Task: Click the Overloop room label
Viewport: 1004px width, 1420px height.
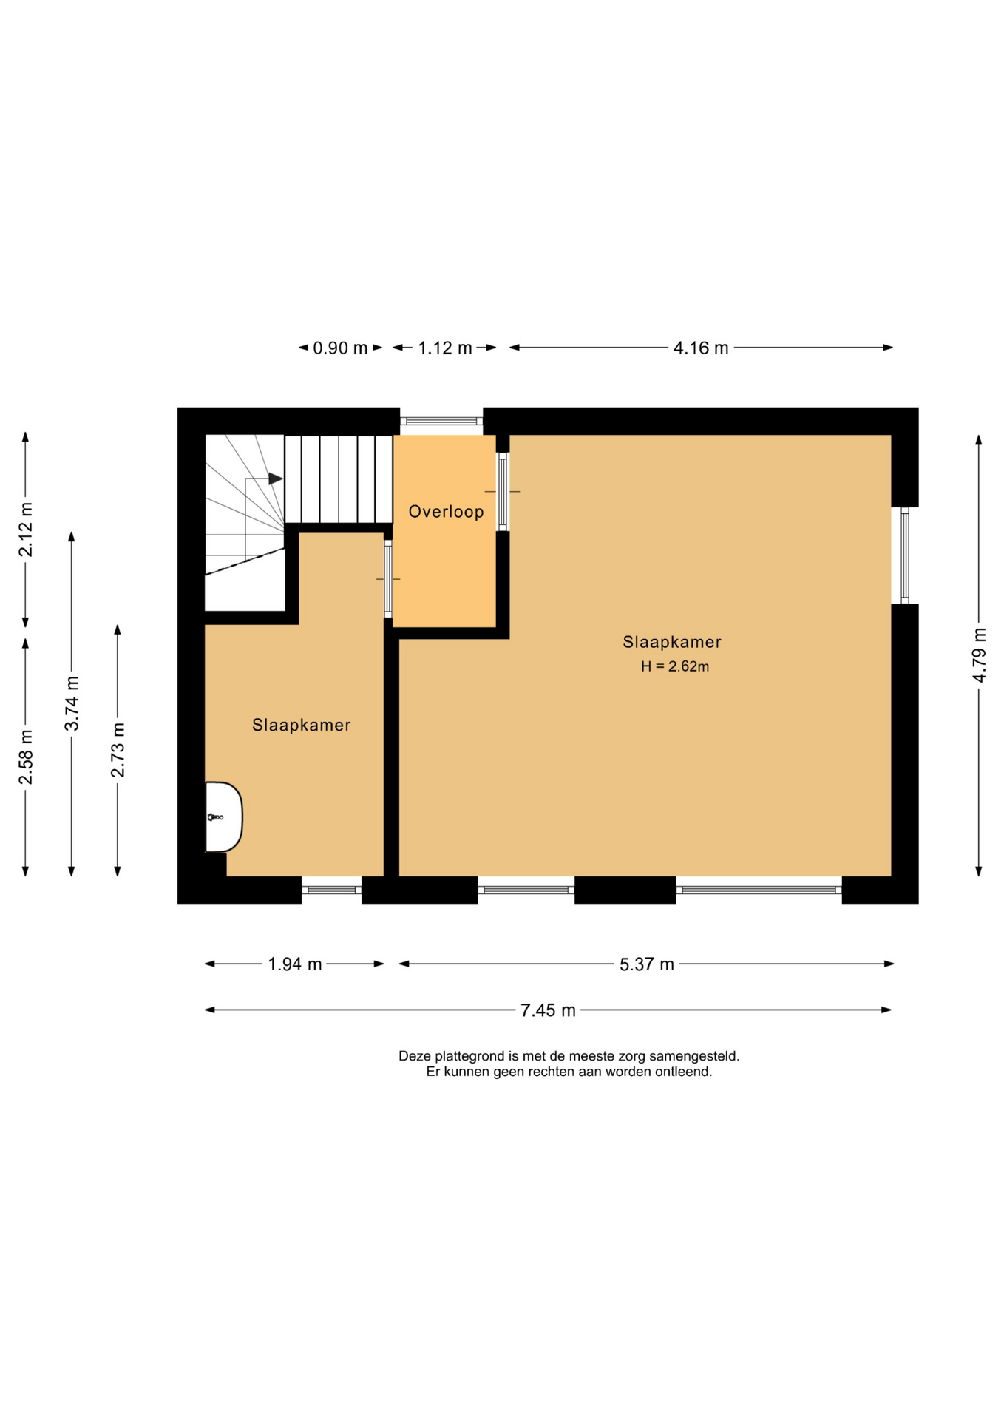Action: (446, 511)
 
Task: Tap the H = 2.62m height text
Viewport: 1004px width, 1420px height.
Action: (675, 666)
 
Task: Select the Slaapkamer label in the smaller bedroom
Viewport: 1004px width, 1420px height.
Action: (301, 725)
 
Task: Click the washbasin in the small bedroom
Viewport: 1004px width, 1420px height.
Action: (223, 816)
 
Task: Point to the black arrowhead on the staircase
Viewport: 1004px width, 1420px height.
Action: (276, 479)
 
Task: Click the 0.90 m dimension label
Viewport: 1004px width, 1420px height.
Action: (340, 348)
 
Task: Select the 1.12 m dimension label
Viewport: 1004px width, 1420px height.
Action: (445, 348)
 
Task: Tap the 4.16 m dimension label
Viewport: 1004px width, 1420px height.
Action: (701, 348)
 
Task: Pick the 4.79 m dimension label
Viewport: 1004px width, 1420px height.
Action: (980, 655)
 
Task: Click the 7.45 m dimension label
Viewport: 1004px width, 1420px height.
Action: (548, 1010)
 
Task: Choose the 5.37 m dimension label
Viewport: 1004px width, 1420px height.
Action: (647, 964)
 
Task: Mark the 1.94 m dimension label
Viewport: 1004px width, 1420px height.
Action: (295, 964)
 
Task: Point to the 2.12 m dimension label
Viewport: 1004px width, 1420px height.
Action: (26, 530)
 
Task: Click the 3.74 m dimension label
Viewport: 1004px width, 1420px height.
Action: (72, 703)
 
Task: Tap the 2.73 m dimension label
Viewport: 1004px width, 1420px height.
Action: (118, 750)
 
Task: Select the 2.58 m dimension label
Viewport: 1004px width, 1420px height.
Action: (26, 757)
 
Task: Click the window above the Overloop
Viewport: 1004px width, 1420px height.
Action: (441, 421)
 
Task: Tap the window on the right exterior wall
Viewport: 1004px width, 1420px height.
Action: (905, 555)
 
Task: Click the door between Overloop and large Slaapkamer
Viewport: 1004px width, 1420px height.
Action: (503, 492)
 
